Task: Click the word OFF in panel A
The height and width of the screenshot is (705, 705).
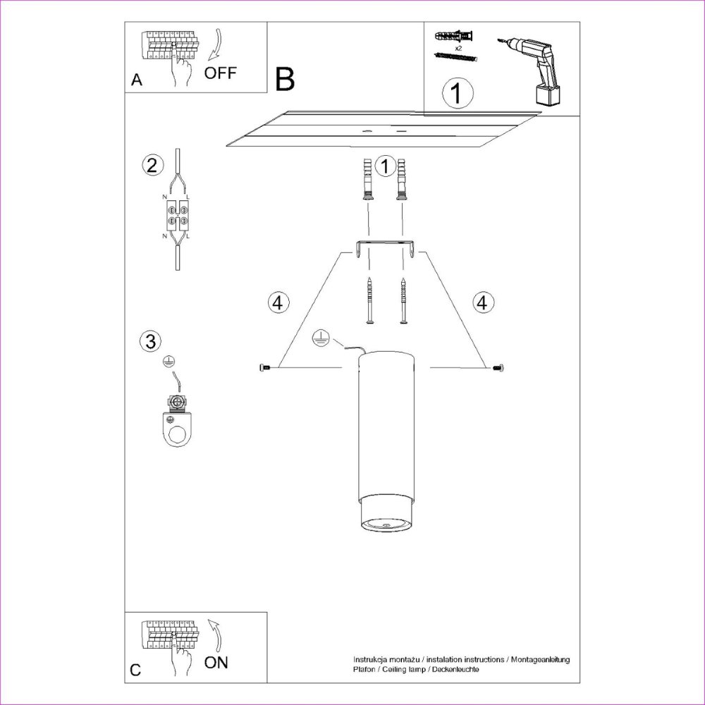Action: tap(220, 73)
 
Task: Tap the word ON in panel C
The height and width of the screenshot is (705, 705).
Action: tap(216, 662)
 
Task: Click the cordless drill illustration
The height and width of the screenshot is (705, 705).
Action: tap(531, 72)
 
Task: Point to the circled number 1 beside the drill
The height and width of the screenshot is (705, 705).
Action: tap(458, 93)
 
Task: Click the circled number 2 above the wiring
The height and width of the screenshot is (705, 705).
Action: tap(152, 166)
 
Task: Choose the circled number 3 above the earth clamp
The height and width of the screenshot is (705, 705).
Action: tap(151, 341)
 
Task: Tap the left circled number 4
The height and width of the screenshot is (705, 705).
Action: tap(278, 302)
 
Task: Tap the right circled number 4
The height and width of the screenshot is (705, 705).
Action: tap(482, 302)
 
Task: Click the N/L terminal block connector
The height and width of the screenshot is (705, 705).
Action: tap(178, 215)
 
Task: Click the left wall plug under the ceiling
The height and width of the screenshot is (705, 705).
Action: tap(368, 178)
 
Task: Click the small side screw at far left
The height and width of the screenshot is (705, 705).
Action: tap(265, 368)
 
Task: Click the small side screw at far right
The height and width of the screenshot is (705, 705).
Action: tap(498, 368)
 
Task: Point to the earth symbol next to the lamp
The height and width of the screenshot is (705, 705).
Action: tap(321, 338)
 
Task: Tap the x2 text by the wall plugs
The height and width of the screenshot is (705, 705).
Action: tap(458, 47)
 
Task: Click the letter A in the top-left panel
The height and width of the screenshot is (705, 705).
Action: tap(137, 80)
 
